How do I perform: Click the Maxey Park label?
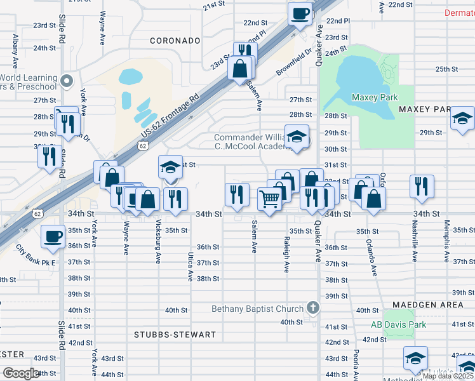pyautogui.click(x=374, y=97)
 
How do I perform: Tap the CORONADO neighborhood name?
pyautogui.click(x=175, y=41)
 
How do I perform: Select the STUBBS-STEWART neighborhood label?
pyautogui.click(x=175, y=334)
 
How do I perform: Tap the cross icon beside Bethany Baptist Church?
pyautogui.click(x=312, y=308)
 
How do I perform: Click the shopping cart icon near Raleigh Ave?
pyautogui.click(x=270, y=199)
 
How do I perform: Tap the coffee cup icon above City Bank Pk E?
pyautogui.click(x=53, y=236)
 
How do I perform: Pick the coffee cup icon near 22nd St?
pyautogui.click(x=300, y=13)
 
